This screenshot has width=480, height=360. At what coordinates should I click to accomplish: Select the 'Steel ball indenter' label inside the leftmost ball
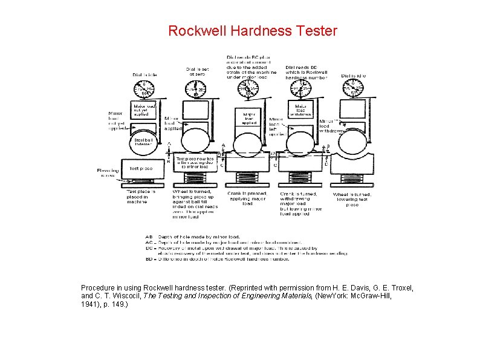coord(143,142)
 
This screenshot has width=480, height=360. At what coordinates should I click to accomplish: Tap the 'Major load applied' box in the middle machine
coord(249,118)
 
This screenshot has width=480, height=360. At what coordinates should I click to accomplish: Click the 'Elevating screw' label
coord(108,173)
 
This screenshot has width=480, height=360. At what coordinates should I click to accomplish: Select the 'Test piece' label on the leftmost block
coord(141,169)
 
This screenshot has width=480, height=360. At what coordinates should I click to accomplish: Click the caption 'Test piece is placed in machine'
coord(141,197)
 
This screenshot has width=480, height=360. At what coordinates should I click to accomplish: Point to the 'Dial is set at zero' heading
coord(198,71)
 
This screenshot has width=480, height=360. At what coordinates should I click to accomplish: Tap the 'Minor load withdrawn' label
coord(331,126)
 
